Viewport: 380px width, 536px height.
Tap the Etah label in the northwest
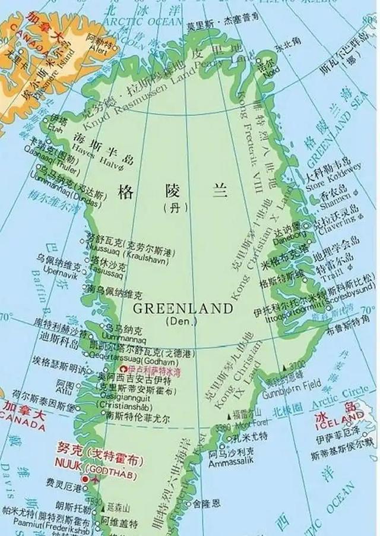pos(56,127)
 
